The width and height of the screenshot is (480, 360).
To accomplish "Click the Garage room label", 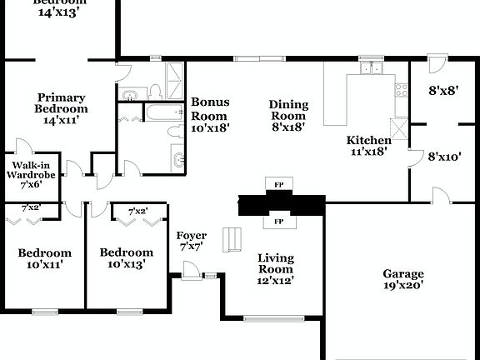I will pyautogui.click(x=403, y=279).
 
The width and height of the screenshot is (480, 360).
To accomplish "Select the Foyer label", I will pyautogui.click(x=192, y=241).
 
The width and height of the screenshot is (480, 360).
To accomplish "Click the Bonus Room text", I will pyautogui.click(x=210, y=115).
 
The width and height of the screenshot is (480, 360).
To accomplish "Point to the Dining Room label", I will pyautogui.click(x=288, y=116).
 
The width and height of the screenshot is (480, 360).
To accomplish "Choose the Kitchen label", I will pyautogui.click(x=368, y=146).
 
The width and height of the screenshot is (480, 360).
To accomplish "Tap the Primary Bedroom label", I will pyautogui.click(x=61, y=108).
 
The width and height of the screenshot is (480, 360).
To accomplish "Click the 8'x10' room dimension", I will pyautogui.click(x=444, y=156).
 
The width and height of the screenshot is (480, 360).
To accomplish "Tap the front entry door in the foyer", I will pyautogui.click(x=191, y=268).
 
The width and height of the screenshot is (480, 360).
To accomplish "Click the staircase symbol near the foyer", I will pyautogui.click(x=230, y=241).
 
